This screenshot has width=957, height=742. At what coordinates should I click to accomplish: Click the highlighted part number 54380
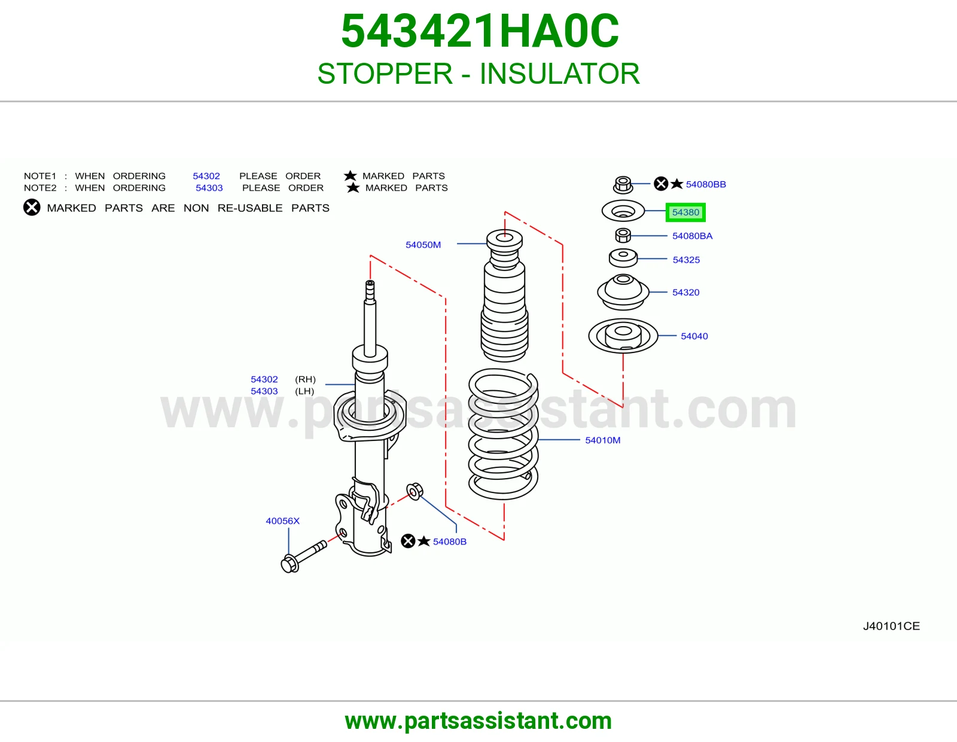[x=685, y=212]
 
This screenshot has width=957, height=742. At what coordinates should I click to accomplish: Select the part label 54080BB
[x=706, y=184]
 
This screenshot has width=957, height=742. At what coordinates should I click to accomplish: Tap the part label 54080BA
[x=692, y=236]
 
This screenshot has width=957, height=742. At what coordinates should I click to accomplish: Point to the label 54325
[x=685, y=260]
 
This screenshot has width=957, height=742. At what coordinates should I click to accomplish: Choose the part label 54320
[x=685, y=292]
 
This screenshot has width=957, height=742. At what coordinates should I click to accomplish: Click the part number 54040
[x=694, y=336]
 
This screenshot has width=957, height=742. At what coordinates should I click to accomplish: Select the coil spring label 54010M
[x=602, y=440]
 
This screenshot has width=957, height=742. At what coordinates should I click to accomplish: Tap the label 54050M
[x=423, y=245]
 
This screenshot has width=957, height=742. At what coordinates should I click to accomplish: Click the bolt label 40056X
[x=282, y=521]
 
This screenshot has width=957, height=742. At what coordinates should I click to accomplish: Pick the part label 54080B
[x=449, y=542]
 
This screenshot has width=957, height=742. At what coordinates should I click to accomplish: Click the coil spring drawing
[x=503, y=434]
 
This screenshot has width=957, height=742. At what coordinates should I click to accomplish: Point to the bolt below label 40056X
[x=304, y=556]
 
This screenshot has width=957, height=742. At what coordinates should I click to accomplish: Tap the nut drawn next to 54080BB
[x=623, y=185]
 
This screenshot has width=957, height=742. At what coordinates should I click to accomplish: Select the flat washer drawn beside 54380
[x=623, y=211]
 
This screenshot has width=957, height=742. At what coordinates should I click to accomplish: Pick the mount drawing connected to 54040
[x=623, y=336]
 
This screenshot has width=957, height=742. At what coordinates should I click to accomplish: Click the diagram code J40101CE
[x=891, y=626]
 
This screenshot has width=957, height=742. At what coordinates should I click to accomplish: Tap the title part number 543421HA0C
[x=480, y=31]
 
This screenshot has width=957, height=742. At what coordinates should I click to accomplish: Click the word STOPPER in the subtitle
[x=385, y=74]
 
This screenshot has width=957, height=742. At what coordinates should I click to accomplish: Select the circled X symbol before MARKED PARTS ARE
[x=32, y=207]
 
